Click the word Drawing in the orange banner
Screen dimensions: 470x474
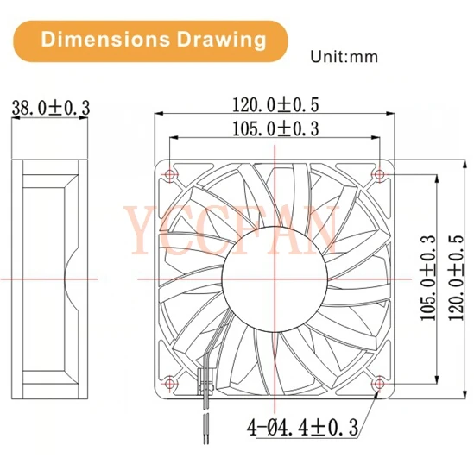click(215, 39)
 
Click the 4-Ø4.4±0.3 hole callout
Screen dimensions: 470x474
click(301, 426)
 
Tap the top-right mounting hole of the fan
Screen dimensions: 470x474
click(380, 173)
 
